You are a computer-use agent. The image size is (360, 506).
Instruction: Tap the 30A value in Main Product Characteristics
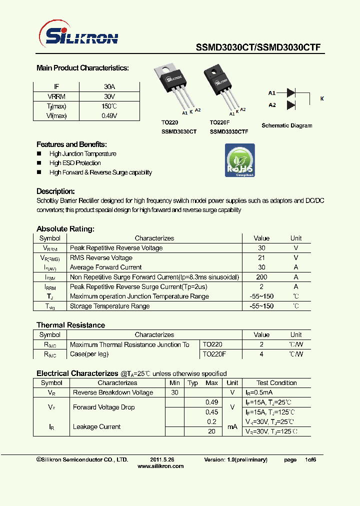click(x=109, y=86)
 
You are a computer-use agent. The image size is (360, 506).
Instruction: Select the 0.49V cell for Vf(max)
click(x=109, y=115)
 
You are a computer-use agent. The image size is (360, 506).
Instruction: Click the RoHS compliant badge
click(x=240, y=160)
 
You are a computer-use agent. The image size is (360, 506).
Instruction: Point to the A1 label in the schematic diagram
click(x=272, y=93)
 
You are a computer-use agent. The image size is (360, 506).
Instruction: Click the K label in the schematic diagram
click(x=322, y=99)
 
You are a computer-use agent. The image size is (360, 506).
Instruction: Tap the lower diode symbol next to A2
click(x=291, y=105)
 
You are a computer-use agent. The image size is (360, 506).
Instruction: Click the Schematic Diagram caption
click(x=287, y=125)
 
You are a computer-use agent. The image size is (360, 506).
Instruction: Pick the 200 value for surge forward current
click(x=261, y=277)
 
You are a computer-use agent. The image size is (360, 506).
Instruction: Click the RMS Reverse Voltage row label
click(x=101, y=258)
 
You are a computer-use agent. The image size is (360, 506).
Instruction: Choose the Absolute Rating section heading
click(x=65, y=229)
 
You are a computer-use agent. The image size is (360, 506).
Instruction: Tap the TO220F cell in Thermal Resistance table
click(x=214, y=354)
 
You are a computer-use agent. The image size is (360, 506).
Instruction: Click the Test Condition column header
click(x=276, y=383)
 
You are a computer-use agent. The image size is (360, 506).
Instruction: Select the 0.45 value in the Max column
click(x=212, y=412)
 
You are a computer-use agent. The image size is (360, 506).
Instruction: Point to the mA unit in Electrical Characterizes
click(x=232, y=426)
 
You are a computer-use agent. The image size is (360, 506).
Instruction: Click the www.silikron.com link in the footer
click(x=160, y=466)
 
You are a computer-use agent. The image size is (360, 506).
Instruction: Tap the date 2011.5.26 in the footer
click(x=162, y=459)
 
